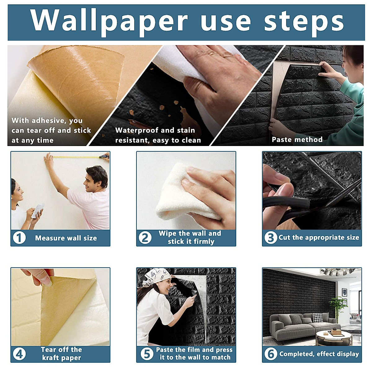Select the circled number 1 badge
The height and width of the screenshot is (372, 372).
tap(19, 238)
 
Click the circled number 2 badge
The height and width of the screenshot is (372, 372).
tap(145, 238)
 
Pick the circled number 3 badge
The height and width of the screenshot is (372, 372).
tap(270, 238)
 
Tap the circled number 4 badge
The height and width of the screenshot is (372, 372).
tap(19, 354)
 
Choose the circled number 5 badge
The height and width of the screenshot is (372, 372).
tap(147, 354)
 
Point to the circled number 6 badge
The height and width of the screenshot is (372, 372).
tap(271, 354)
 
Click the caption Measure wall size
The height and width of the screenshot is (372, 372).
tap(66, 238)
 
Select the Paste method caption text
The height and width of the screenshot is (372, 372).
tap(297, 139)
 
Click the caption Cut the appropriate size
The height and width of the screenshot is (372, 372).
tap(319, 237)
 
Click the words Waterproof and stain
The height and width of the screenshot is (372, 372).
tap(155, 130)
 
